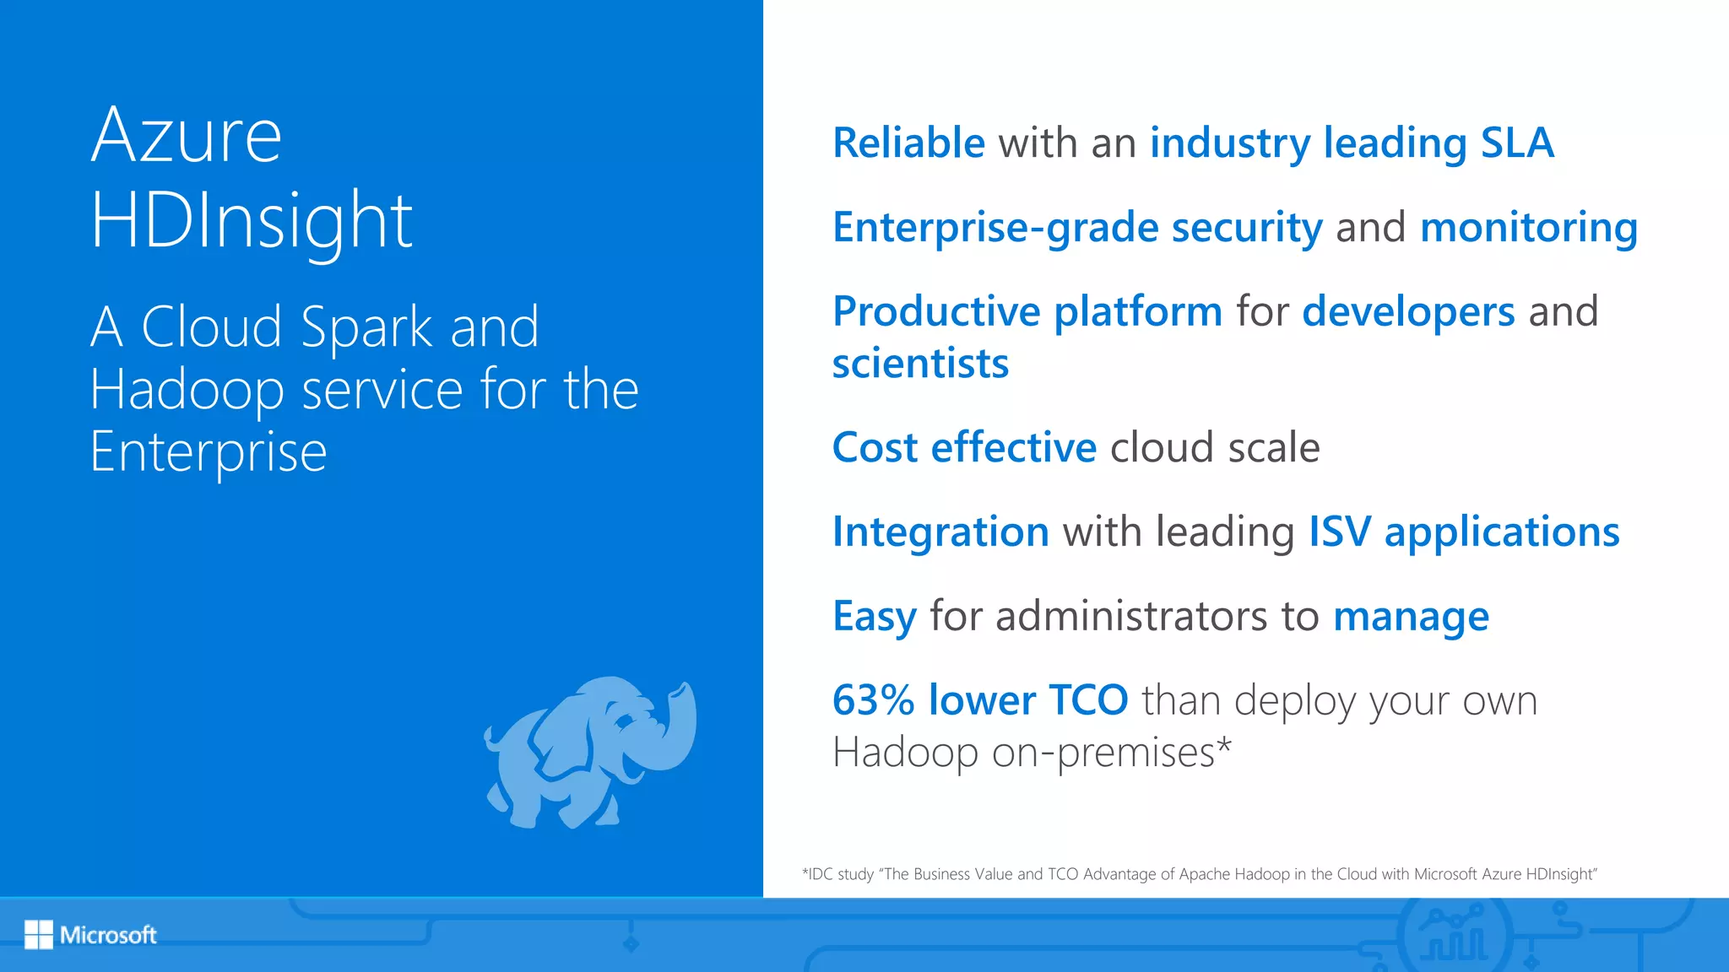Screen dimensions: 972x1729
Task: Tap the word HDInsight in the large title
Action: tap(252, 221)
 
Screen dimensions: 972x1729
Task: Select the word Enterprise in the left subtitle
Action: tap(209, 452)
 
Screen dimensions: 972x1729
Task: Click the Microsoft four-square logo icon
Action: tap(39, 934)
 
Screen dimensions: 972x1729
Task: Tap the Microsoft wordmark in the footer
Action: tap(108, 935)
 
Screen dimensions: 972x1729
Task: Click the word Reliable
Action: tap(908, 143)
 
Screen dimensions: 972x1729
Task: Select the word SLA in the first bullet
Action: tap(1517, 143)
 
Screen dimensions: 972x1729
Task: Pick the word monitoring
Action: tap(1529, 227)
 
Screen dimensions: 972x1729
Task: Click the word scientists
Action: tap(920, 363)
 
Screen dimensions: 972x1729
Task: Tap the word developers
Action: tap(1408, 311)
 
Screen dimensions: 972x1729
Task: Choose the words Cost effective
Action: tap(964, 447)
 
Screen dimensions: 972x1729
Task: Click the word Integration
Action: tap(940, 532)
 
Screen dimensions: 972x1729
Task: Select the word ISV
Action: tap(1340, 532)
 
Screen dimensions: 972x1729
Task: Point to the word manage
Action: tap(1411, 617)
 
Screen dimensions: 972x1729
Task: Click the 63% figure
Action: tap(873, 700)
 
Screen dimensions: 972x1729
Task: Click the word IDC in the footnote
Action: tap(820, 874)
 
